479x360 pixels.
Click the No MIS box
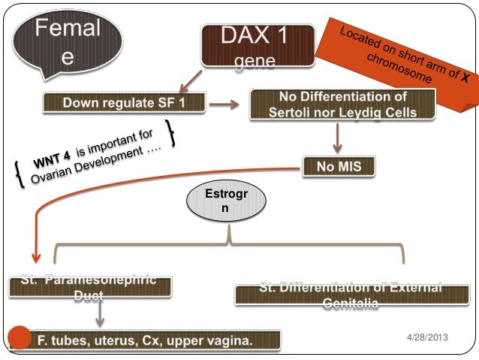pyautogui.click(x=337, y=165)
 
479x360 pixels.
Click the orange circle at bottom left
pyautogui.click(x=17, y=338)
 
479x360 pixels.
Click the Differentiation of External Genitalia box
pyautogui.click(x=351, y=295)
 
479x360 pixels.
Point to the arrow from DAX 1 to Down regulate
pyautogui.click(x=188, y=77)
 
